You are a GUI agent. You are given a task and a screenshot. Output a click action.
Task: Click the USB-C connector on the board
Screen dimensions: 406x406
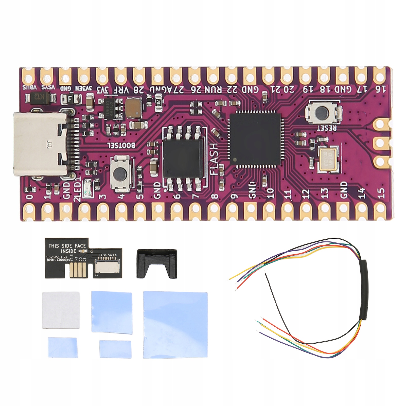click(41, 145)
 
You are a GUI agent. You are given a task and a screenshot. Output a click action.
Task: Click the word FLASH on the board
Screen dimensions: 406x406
click(214, 159)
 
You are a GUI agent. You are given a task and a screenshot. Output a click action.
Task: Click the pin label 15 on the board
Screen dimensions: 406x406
click(381, 193)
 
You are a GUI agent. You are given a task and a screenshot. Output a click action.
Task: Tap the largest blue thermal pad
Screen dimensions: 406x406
click(175, 325)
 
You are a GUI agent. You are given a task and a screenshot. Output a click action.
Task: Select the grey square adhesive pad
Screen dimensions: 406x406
click(61, 310)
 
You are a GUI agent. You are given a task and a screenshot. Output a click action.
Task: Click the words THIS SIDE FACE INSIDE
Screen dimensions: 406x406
click(67, 248)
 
